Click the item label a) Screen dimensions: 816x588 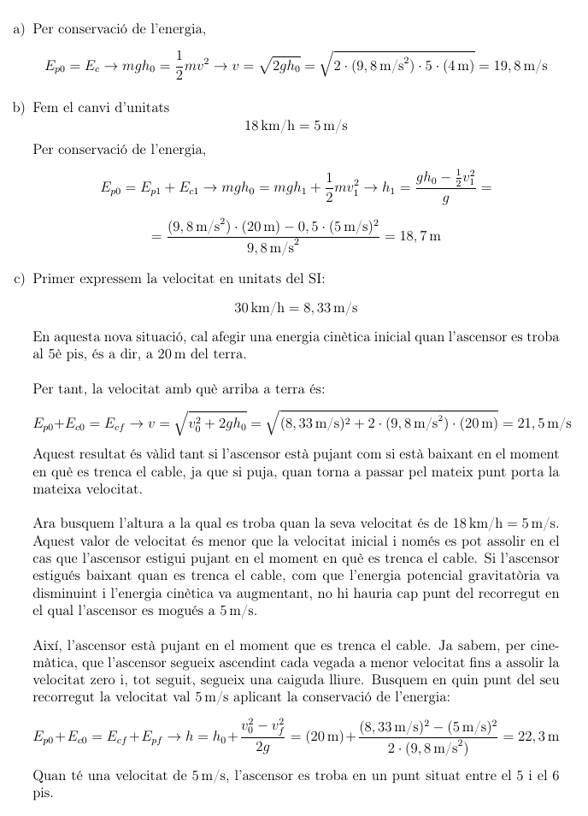pos(19,30)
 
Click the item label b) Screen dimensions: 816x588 pos(19,108)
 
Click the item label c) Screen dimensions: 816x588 pos(19,279)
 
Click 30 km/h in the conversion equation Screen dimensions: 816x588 pos(257,307)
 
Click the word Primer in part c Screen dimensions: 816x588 pos(54,279)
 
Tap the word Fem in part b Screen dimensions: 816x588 pos(44,108)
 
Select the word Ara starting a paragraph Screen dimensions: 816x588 pos(44,523)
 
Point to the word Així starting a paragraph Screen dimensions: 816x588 pos(46,642)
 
